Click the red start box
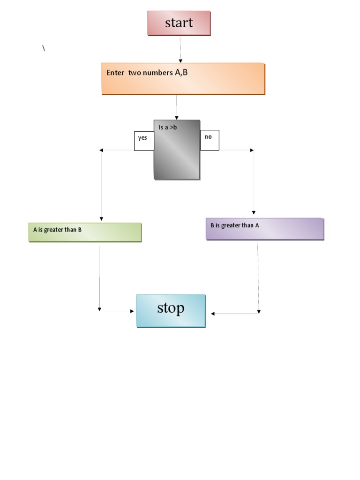coord(179,23)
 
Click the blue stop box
coord(171,310)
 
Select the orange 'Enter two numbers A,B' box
coord(183,79)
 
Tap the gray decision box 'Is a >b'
coord(177,150)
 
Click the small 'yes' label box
coord(144,141)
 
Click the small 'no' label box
coord(210,140)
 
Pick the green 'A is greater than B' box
coord(85,232)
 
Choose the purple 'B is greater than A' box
coord(265,229)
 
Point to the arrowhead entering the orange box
coord(180,60)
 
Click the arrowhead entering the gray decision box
coord(177,117)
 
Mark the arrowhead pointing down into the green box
coord(101,219)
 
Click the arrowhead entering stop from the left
coord(132,311)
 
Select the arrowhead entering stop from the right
coord(213,314)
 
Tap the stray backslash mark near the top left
coord(44,48)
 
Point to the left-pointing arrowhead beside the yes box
coord(102,150)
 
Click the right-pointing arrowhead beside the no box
coord(252,150)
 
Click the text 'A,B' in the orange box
coord(181,72)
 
